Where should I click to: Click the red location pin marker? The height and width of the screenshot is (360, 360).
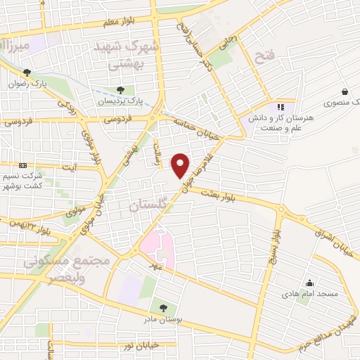(x=181, y=165)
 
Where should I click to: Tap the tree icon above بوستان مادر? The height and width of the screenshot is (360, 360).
(x=163, y=307)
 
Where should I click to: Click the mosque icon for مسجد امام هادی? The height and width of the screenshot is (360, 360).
(x=310, y=285)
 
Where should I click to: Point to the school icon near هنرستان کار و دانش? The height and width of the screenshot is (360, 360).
(x=281, y=107)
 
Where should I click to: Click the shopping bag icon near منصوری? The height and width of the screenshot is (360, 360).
(x=345, y=91)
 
